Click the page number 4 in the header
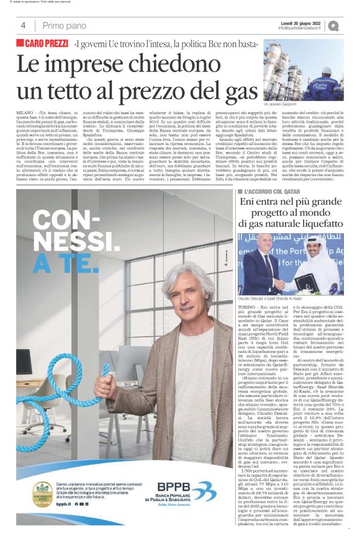[x=23, y=25]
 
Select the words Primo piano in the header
[x=61, y=25]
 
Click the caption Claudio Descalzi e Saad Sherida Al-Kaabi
[x=273, y=300]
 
